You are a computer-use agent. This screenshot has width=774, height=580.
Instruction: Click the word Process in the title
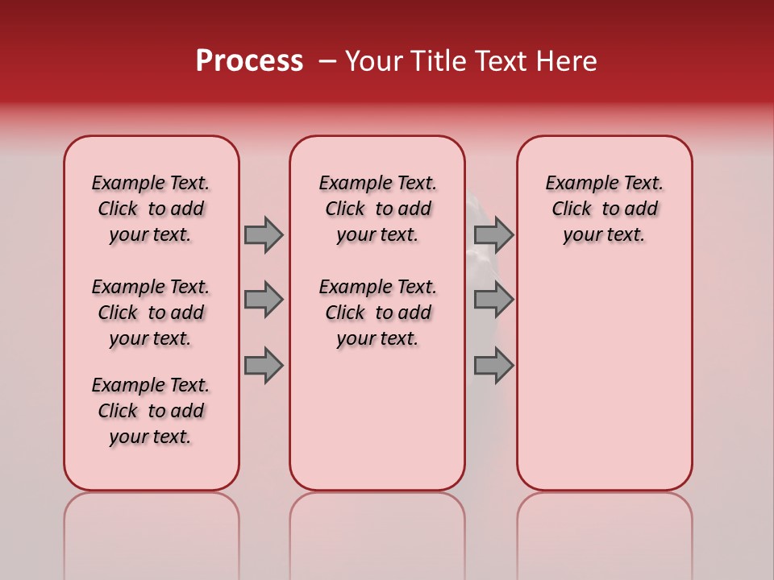pyautogui.click(x=249, y=61)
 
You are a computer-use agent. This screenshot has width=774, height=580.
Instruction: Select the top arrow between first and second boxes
pyautogui.click(x=264, y=234)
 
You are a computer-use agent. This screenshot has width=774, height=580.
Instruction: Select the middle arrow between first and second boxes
pyautogui.click(x=264, y=300)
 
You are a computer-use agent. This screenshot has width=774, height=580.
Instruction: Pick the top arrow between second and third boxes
pyautogui.click(x=493, y=234)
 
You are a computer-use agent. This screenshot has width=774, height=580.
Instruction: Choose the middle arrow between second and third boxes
pyautogui.click(x=493, y=300)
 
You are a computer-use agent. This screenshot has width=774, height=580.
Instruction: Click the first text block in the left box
pyautogui.click(x=151, y=209)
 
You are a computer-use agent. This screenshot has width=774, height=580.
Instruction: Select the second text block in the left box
pyautogui.click(x=151, y=313)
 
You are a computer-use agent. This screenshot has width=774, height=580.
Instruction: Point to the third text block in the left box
pyautogui.click(x=151, y=411)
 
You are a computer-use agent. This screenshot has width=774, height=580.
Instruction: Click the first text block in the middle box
pyautogui.click(x=377, y=209)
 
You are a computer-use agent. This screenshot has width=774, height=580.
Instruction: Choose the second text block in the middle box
pyautogui.click(x=377, y=313)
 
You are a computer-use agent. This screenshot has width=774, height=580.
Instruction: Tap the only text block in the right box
pyautogui.click(x=604, y=209)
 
